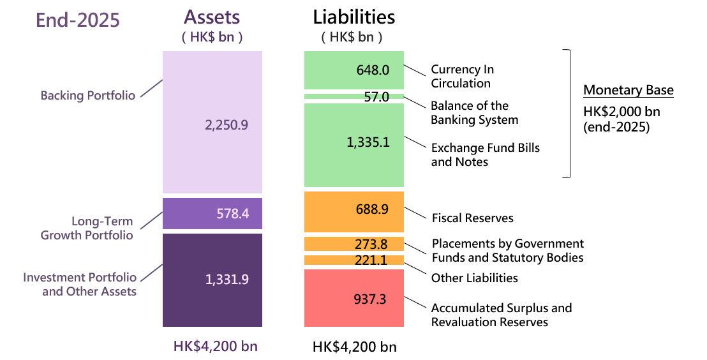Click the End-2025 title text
pos(77,20)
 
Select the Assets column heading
pos(212,18)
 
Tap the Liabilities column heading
pos(353,17)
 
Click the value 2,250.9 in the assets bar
pos(226,126)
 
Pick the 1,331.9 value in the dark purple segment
pos(227,279)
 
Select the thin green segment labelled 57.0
pos(354,97)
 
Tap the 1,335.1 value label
pos(368,142)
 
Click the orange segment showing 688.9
pos(354,211)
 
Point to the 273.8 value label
pos(371,244)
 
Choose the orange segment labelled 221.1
pos(354,260)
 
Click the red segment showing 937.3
pos(354,298)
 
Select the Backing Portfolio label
pos(88,96)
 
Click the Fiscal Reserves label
pos(472,218)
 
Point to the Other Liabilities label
pos(474,278)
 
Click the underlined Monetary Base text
pos(629,90)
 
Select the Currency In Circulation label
pos(462,76)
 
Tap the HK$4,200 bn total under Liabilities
pos(354,347)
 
